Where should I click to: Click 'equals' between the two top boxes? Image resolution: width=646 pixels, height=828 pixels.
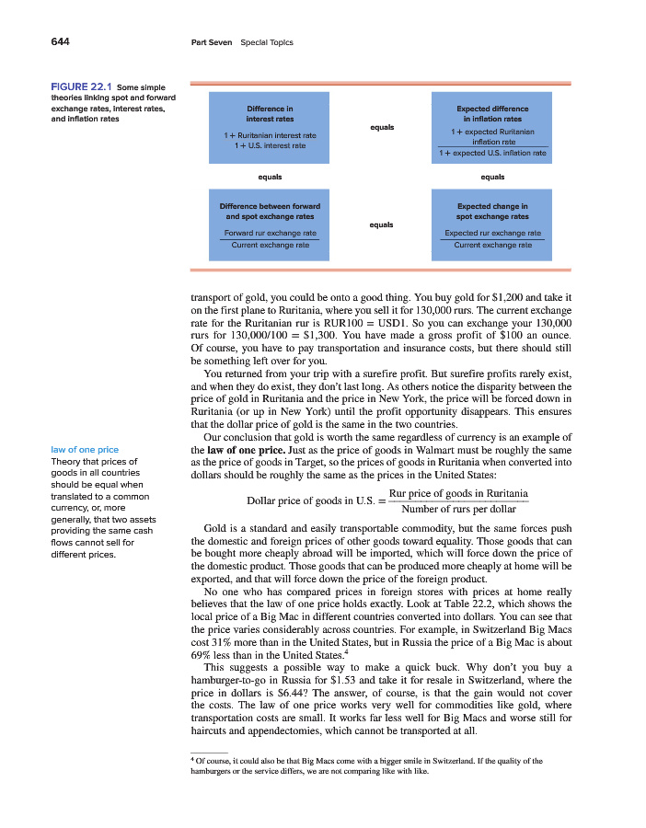pyautogui.click(x=381, y=127)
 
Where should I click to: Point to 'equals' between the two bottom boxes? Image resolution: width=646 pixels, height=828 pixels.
pyautogui.click(x=381, y=224)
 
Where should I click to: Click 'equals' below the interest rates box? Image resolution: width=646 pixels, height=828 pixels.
pyautogui.click(x=270, y=177)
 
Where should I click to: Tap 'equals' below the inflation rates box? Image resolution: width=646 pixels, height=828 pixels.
pyautogui.click(x=491, y=177)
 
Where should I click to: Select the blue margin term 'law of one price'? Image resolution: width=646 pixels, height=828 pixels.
pyautogui.click(x=86, y=449)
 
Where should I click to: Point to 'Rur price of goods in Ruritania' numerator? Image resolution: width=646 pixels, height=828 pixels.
pyautogui.click(x=458, y=494)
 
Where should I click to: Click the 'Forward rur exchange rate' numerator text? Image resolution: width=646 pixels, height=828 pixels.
pyautogui.click(x=270, y=234)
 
